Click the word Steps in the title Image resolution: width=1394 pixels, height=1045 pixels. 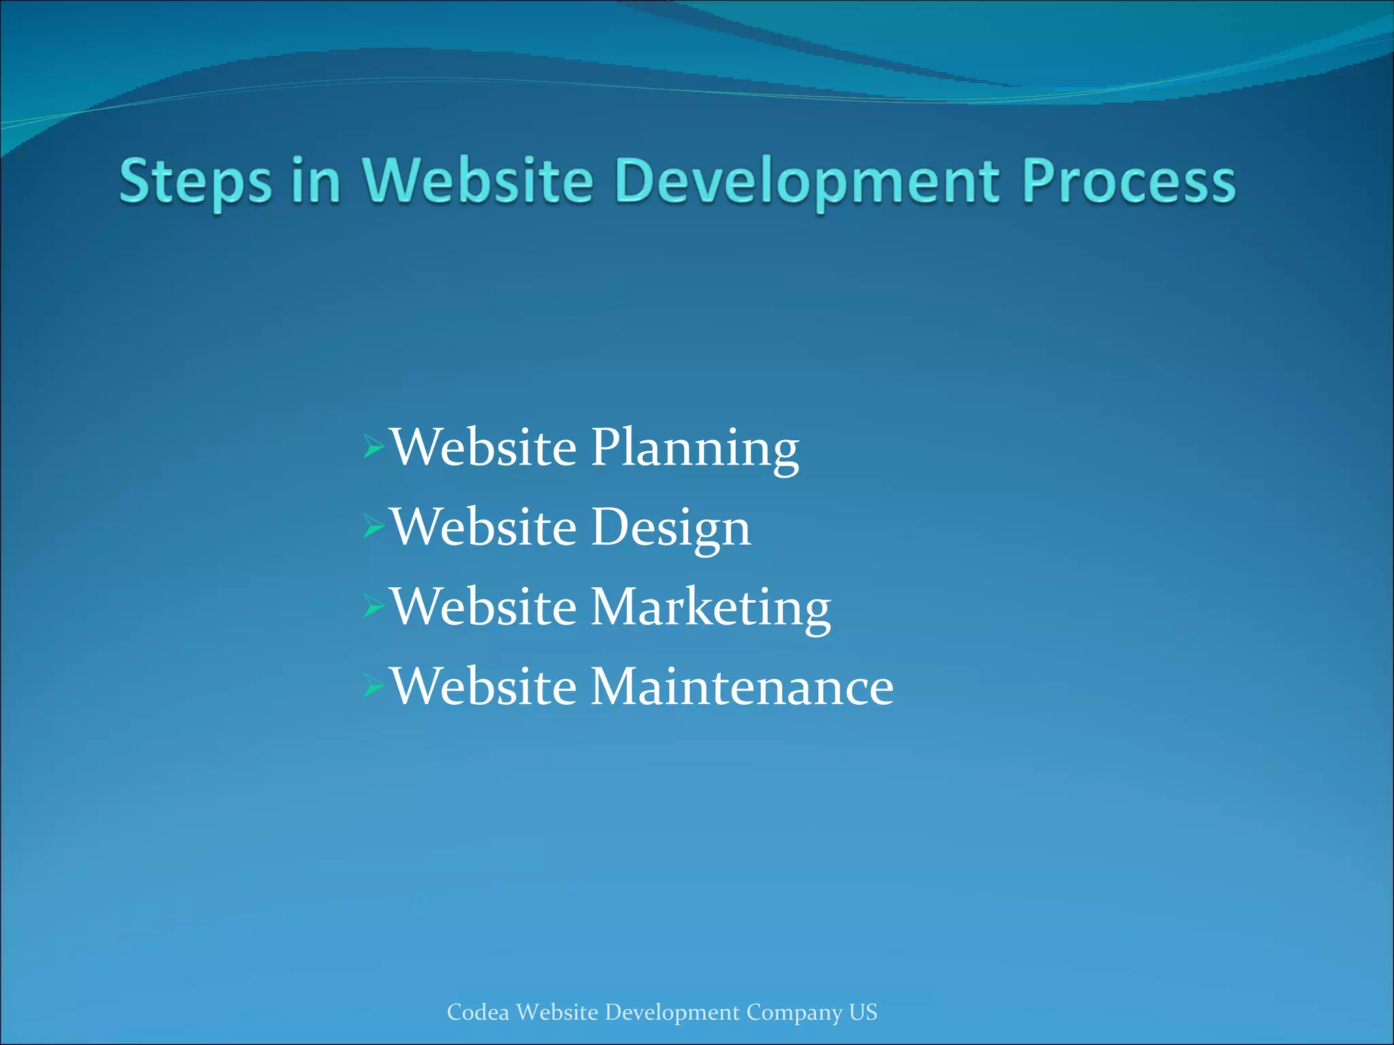[x=195, y=181]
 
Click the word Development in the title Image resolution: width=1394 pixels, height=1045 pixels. [x=807, y=181]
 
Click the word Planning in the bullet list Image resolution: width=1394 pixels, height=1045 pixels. [x=694, y=449]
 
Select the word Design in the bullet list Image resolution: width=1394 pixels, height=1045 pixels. [x=670, y=528]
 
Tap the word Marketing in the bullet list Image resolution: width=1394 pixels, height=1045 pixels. [x=710, y=607]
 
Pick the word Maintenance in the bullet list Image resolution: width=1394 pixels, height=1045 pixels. [x=741, y=686]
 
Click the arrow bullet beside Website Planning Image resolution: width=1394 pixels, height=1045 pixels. [x=374, y=447]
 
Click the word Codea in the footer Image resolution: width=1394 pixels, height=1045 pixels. [x=478, y=1012]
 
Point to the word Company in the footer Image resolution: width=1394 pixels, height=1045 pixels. [x=794, y=1013]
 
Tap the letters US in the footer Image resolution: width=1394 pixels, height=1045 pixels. [x=863, y=1012]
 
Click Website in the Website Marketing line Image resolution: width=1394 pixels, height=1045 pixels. [x=484, y=607]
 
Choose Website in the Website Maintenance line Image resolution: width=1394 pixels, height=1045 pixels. [x=484, y=686]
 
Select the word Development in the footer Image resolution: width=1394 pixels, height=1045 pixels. [x=672, y=1013]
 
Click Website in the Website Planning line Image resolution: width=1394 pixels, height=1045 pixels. [x=484, y=449]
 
